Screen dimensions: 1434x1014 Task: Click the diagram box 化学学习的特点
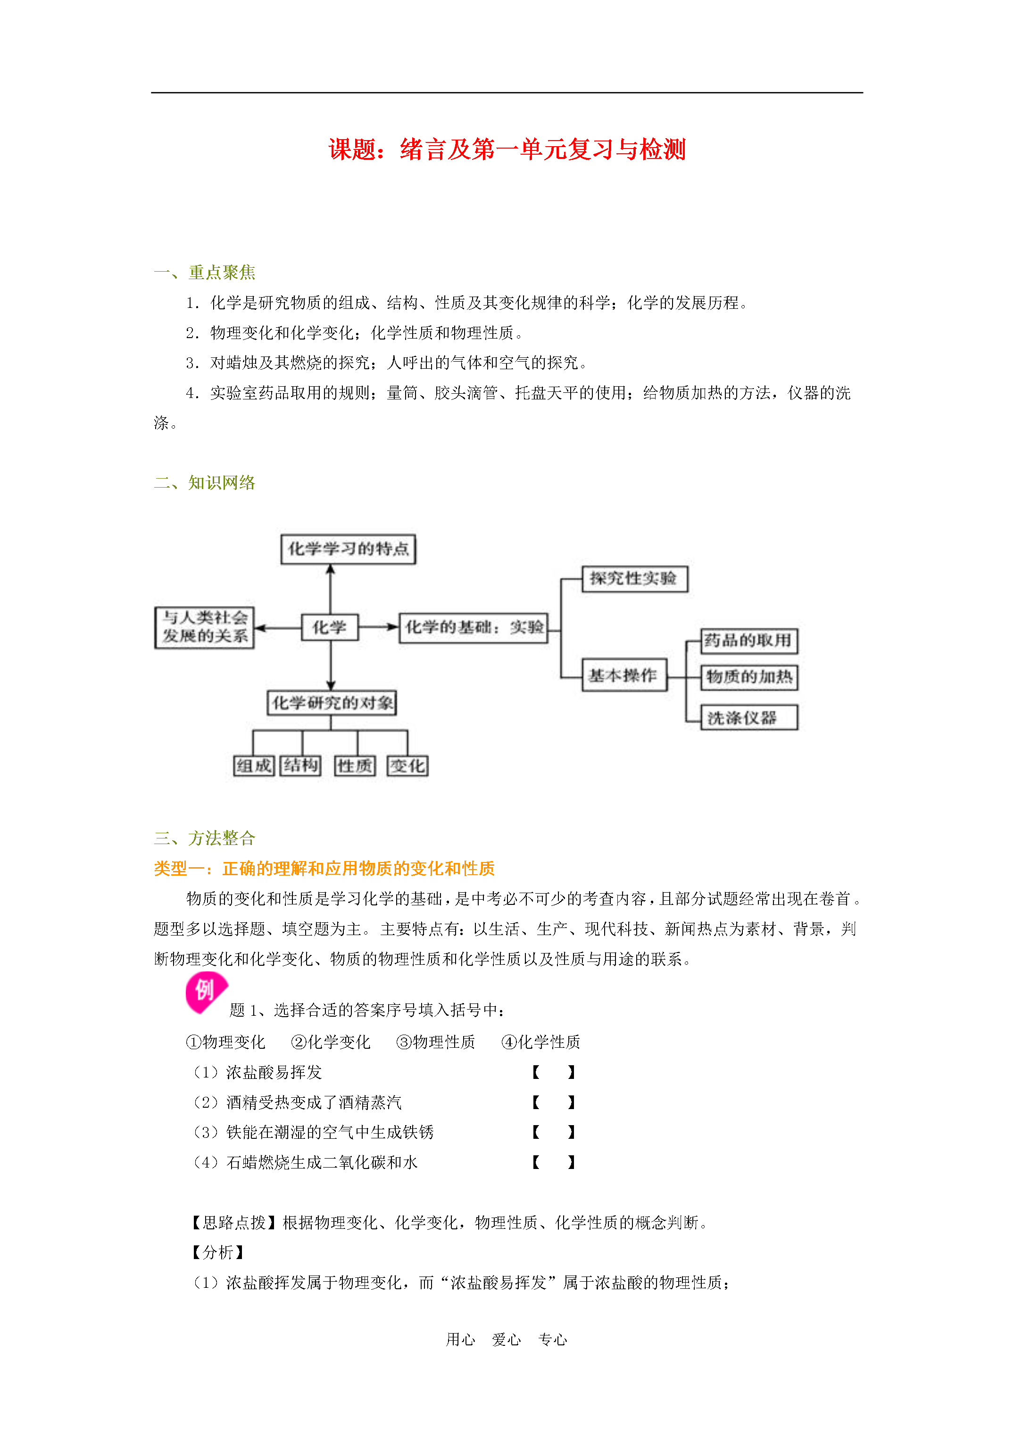click(348, 549)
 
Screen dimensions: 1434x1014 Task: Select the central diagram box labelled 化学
click(330, 627)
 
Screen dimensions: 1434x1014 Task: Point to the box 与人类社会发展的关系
click(204, 627)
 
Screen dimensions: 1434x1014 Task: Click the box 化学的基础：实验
click(474, 627)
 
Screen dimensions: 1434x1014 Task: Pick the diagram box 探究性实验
click(634, 578)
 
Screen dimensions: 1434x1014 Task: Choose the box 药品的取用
click(748, 641)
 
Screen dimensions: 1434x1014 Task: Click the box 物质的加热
click(748, 677)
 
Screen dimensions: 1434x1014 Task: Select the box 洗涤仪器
click(748, 718)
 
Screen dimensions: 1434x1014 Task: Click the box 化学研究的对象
click(332, 703)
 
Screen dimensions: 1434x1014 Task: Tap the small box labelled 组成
click(254, 766)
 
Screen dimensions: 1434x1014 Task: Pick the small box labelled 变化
click(407, 766)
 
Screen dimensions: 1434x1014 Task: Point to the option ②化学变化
click(331, 1042)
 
